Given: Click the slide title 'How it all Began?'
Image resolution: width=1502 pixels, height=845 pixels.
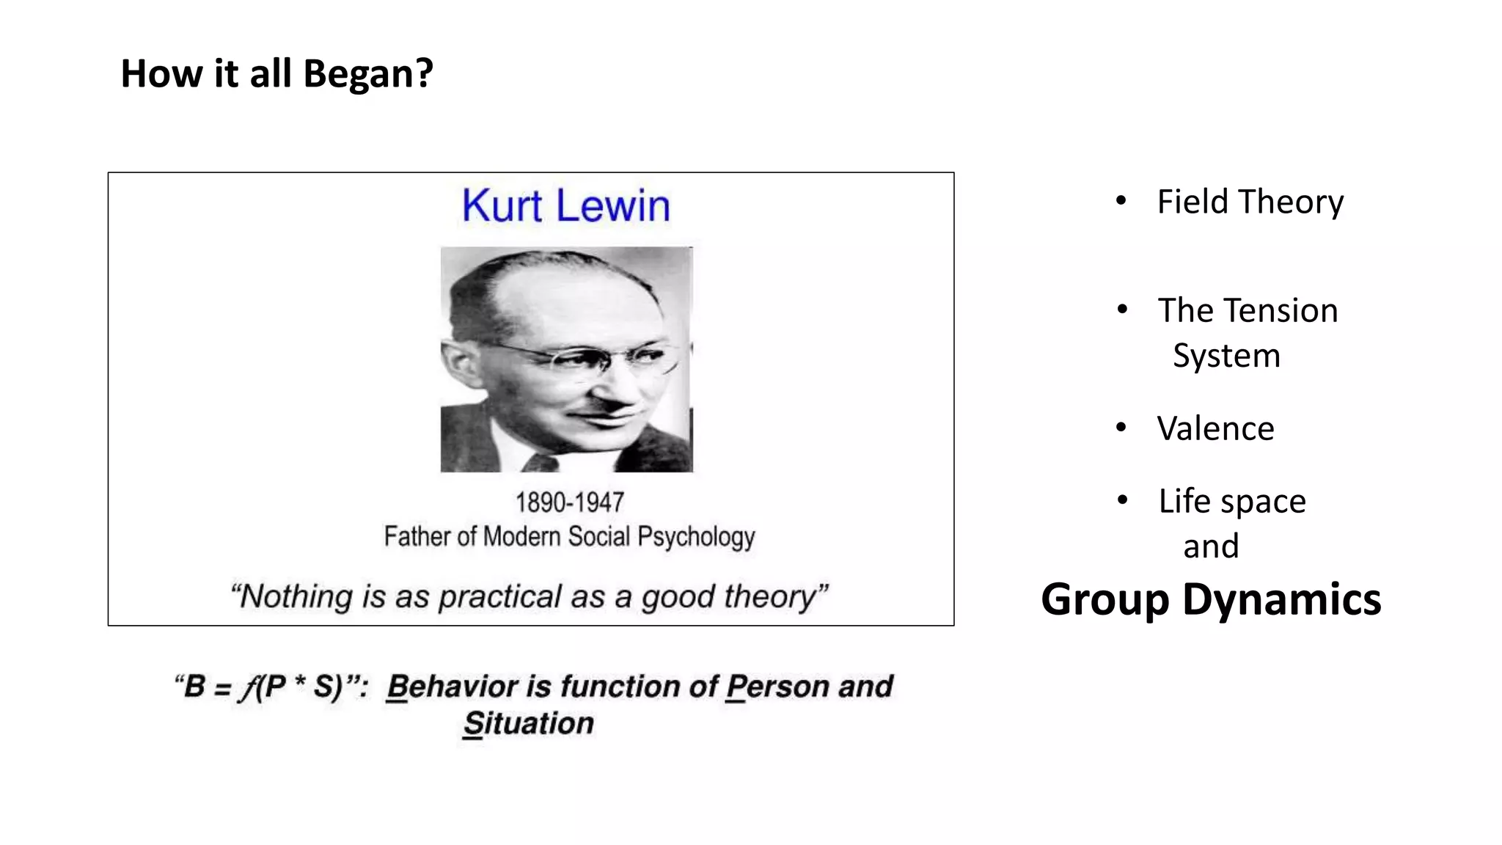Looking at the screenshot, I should (276, 73).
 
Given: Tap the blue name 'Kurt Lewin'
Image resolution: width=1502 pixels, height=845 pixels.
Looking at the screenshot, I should (565, 205).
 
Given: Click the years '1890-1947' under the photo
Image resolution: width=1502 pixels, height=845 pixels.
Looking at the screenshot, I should (569, 502).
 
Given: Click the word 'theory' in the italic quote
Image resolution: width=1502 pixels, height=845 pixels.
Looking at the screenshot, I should (777, 596).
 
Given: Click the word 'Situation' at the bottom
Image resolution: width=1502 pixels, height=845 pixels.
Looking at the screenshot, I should (528, 723).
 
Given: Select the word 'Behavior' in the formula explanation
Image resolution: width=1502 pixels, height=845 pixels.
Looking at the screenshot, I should (452, 687).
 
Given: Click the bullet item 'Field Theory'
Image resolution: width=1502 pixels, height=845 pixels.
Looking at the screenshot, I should (1250, 202).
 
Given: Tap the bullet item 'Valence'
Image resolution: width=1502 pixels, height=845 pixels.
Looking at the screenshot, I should (1215, 428).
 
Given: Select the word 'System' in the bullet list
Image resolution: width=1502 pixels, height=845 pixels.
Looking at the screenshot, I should (1226, 356).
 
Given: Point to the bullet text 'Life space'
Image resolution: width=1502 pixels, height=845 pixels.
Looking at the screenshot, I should (1232, 501).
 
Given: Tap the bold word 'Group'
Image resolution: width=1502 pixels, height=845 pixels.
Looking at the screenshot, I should (1104, 599).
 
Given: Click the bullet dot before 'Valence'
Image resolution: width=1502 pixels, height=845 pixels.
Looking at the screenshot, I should (1121, 427).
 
